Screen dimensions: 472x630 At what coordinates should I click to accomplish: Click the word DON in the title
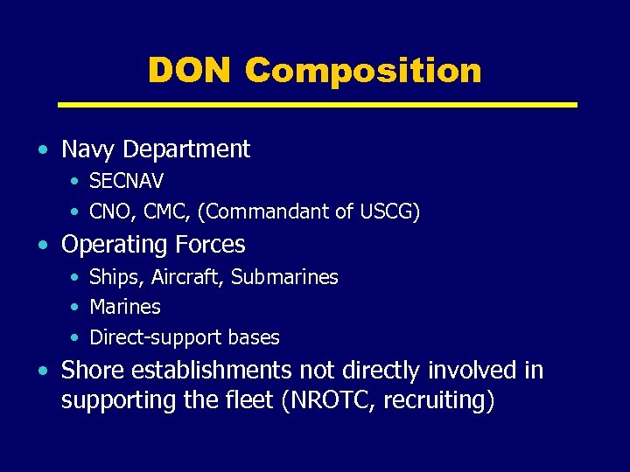point(189,70)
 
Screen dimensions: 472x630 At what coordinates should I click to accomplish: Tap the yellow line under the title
point(317,104)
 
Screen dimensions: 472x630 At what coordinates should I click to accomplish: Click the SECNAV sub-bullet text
point(127,181)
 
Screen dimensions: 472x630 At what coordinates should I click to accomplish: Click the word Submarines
point(284,277)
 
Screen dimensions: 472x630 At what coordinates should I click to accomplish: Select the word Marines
point(125,307)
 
